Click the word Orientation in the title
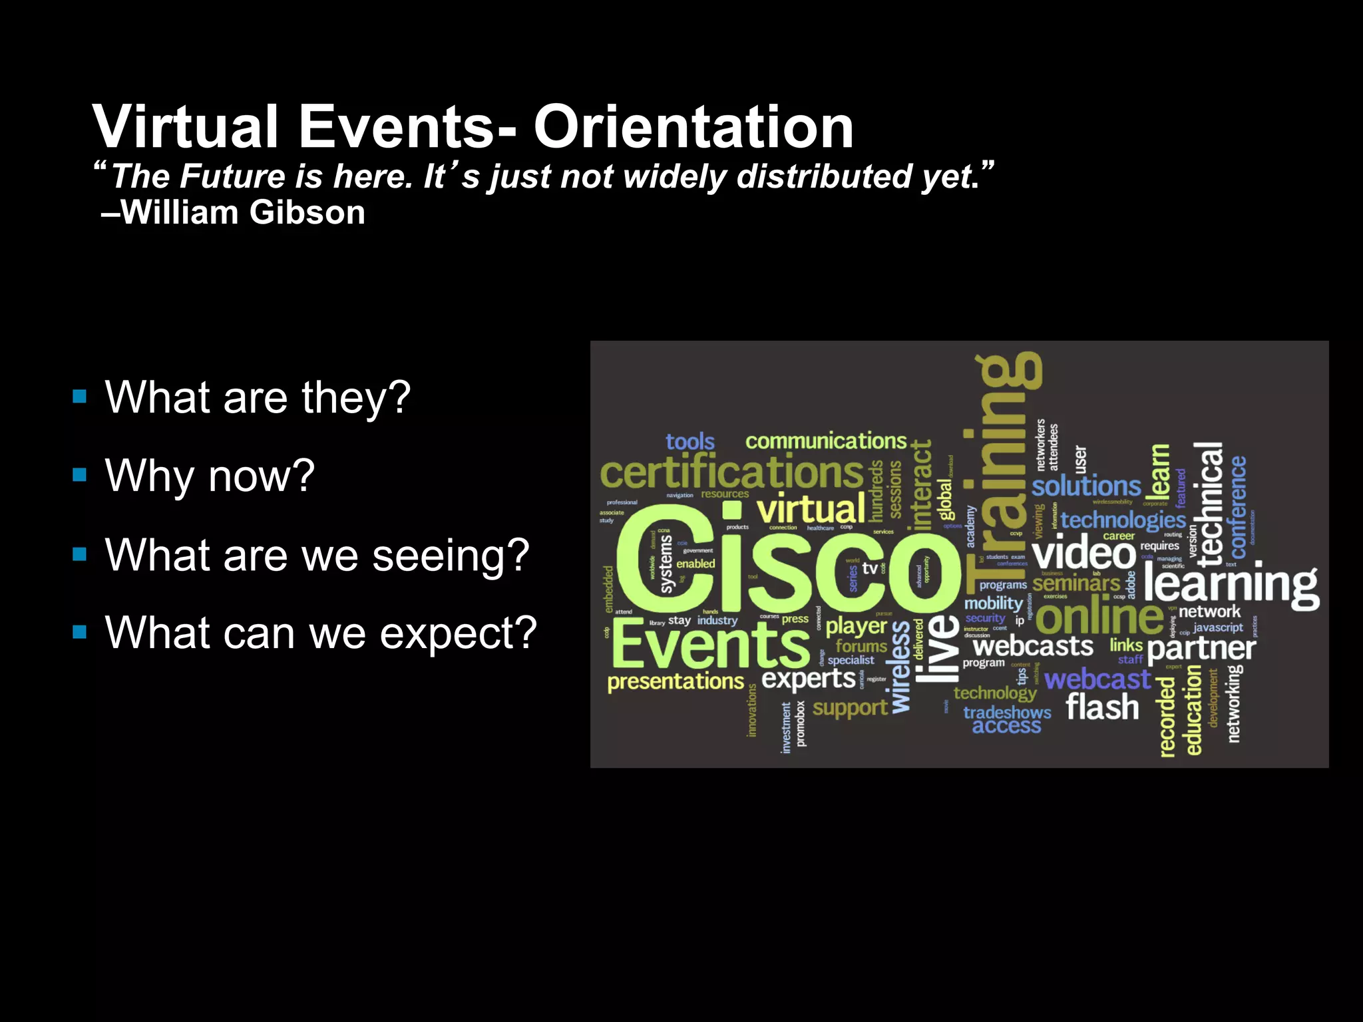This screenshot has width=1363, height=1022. [693, 128]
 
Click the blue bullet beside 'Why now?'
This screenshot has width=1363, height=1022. [80, 474]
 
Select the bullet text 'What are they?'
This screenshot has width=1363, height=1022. [258, 397]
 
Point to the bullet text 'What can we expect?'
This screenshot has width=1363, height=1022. [320, 632]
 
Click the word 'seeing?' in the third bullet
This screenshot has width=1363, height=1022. [451, 555]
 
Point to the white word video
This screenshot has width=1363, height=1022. [1083, 552]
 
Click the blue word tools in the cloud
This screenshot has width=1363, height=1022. [689, 441]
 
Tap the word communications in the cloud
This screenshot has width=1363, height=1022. [825, 440]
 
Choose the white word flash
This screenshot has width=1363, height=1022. [1102, 707]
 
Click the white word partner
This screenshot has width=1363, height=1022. [1201, 648]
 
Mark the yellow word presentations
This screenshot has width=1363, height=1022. [675, 681]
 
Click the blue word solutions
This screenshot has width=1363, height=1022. [1085, 486]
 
